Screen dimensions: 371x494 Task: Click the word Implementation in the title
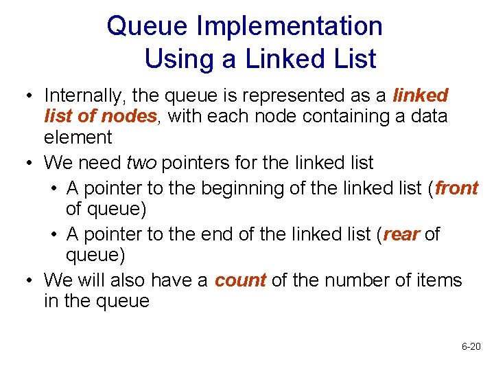289,27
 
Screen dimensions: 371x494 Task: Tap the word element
78,137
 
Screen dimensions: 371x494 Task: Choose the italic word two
141,163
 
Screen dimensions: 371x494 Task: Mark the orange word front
456,188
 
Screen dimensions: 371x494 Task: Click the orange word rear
401,234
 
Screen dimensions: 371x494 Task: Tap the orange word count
240,280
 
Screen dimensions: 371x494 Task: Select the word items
441,280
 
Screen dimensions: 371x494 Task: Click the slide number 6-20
471,346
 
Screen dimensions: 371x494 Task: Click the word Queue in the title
147,27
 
